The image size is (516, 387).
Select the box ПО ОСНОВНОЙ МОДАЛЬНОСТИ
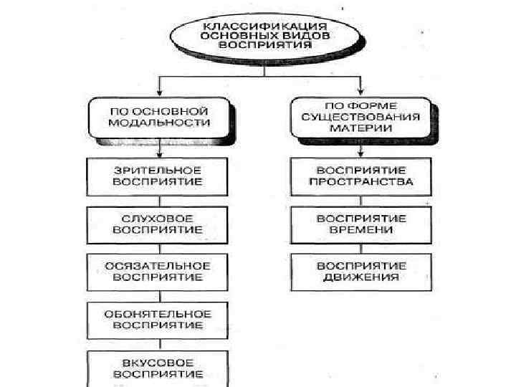click(159, 118)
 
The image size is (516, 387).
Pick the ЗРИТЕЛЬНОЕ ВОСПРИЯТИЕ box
click(158, 176)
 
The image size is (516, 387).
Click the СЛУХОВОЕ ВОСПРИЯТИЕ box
click(158, 224)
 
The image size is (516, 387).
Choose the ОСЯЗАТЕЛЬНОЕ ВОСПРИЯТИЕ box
click(158, 271)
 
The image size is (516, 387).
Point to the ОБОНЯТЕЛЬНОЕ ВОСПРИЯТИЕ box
click(158, 320)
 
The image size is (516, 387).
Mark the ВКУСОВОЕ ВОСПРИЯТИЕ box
click(158, 368)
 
